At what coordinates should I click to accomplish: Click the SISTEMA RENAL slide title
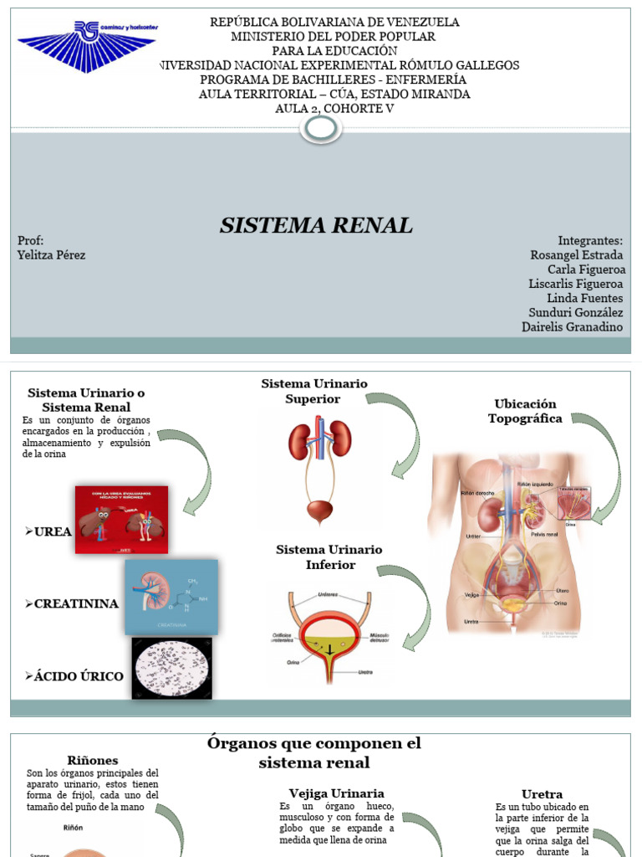(x=316, y=225)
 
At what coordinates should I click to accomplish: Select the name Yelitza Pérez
(x=51, y=255)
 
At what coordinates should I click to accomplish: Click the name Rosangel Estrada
(x=577, y=255)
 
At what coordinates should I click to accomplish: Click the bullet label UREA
(x=53, y=531)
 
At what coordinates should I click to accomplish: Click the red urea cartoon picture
(x=121, y=520)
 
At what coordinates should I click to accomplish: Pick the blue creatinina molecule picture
(x=171, y=597)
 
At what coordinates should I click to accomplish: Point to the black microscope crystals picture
(x=171, y=668)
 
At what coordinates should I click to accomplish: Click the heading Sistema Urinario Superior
(x=313, y=391)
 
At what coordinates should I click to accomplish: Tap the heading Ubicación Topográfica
(x=525, y=411)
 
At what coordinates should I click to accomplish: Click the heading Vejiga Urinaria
(x=336, y=793)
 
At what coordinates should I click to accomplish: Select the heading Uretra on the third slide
(x=542, y=793)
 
